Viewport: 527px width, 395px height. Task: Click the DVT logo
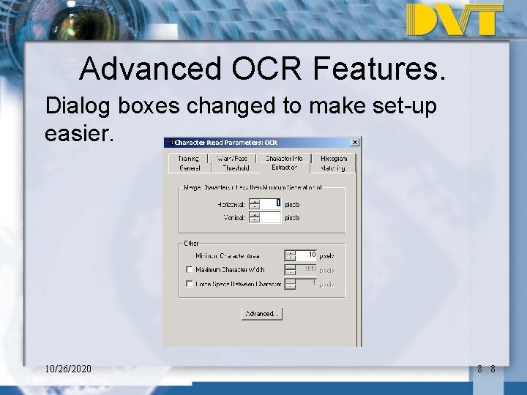[455, 20]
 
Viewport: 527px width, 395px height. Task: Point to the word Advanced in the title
[149, 69]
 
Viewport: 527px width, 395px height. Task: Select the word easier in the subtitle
[76, 133]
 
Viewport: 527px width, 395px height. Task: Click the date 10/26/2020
[67, 369]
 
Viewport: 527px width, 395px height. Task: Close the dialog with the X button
[355, 142]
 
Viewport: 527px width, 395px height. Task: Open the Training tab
[187, 158]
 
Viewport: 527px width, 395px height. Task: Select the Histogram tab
[334, 158]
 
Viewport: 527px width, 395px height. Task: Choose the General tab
[190, 168]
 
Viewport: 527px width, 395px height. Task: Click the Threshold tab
[236, 168]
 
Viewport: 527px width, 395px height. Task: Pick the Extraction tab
[284, 168]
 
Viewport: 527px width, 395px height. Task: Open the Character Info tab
[284, 158]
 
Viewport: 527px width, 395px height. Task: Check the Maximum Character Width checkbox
[190, 270]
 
